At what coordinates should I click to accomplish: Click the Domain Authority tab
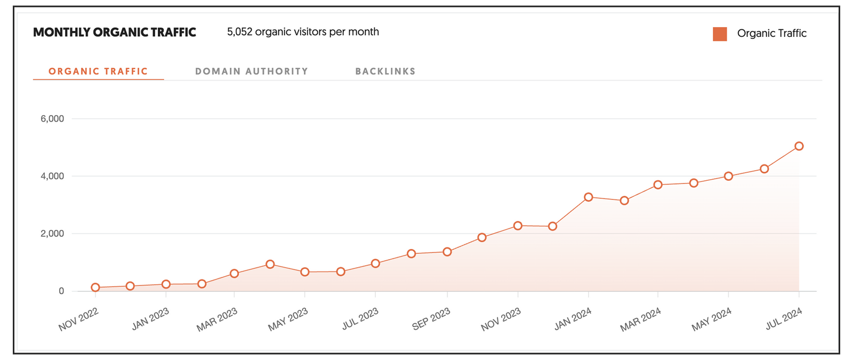pyautogui.click(x=252, y=71)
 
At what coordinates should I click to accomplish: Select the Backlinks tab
pyautogui.click(x=385, y=71)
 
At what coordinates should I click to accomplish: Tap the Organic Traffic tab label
pyautogui.click(x=98, y=71)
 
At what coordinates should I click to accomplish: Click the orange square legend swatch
pyautogui.click(x=720, y=34)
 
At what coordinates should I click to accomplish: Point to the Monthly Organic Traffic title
pyautogui.click(x=115, y=33)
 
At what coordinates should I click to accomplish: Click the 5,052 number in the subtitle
pyautogui.click(x=239, y=32)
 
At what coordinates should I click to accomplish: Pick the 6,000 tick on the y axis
pyautogui.click(x=52, y=119)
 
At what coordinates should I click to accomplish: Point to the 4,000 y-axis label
pyautogui.click(x=52, y=176)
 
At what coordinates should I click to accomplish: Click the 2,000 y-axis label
pyautogui.click(x=52, y=234)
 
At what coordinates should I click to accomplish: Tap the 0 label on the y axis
pyautogui.click(x=61, y=291)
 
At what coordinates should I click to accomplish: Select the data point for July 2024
pyautogui.click(x=799, y=146)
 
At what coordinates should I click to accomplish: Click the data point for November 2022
pyautogui.click(x=95, y=287)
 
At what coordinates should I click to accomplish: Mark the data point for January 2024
pyautogui.click(x=589, y=197)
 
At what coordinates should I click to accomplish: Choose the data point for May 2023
pyautogui.click(x=305, y=272)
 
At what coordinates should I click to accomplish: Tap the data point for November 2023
pyautogui.click(x=518, y=226)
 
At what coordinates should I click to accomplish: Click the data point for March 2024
pyautogui.click(x=658, y=185)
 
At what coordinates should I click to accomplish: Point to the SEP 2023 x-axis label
pyautogui.click(x=431, y=319)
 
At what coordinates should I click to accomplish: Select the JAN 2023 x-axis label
pyautogui.click(x=150, y=319)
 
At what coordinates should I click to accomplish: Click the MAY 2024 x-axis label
pyautogui.click(x=711, y=319)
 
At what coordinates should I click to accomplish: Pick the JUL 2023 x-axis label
pyautogui.click(x=360, y=319)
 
